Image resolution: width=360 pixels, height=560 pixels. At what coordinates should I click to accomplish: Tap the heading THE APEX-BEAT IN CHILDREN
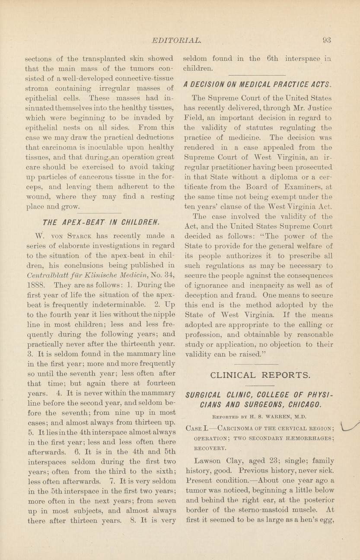tap(101, 223)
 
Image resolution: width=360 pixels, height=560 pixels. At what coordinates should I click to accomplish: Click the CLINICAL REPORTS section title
tap(260, 375)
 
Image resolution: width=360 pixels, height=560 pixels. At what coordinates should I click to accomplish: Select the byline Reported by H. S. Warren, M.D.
tap(259, 417)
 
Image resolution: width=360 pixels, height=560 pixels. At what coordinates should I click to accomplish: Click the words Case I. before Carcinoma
tap(196, 428)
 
